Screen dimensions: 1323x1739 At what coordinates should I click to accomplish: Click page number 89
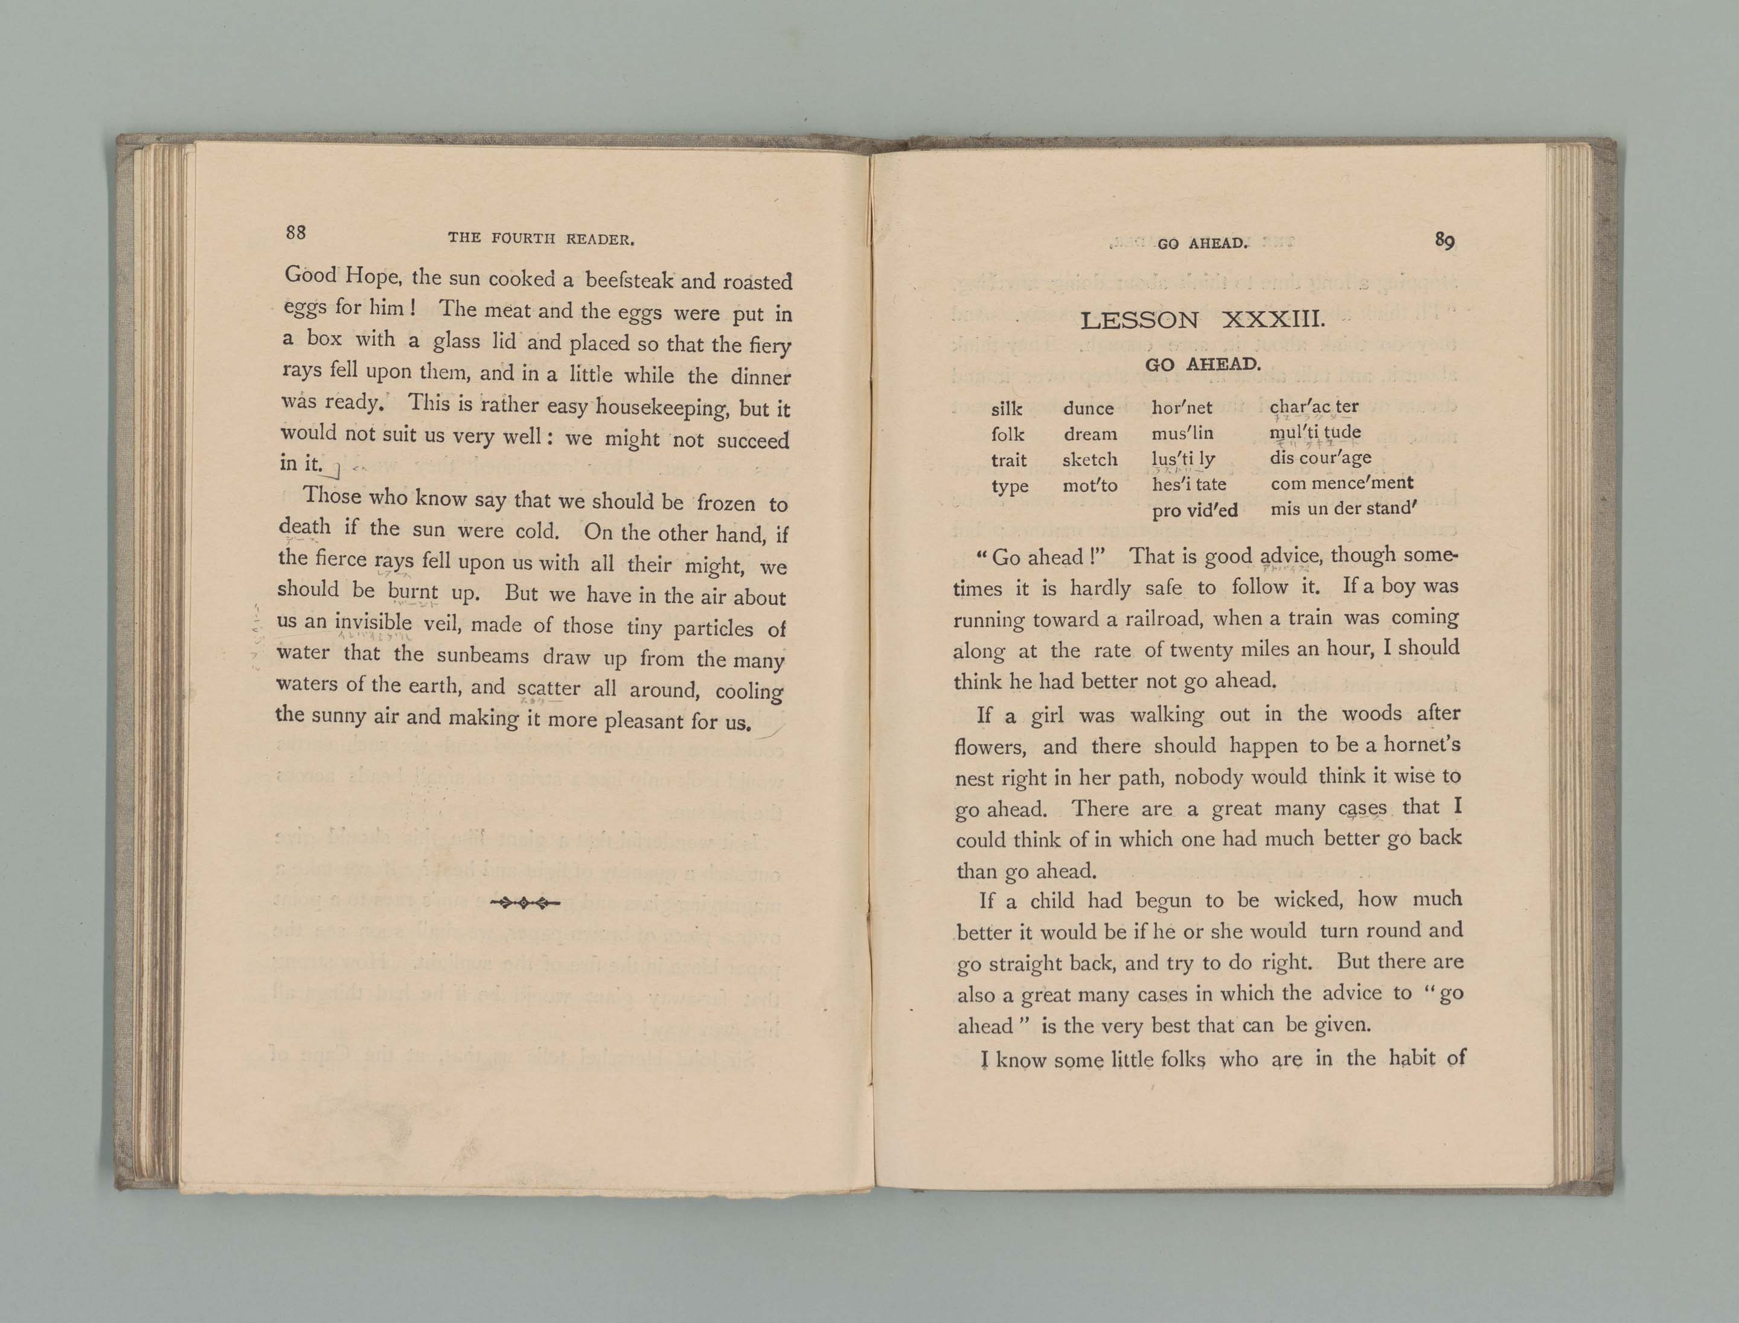click(1444, 240)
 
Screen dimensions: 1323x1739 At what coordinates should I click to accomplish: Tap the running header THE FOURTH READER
click(541, 238)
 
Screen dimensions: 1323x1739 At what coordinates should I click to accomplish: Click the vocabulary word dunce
click(1088, 408)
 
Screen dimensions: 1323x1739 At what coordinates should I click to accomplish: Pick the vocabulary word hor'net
click(1182, 407)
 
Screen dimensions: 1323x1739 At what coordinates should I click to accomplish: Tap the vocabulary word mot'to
click(1090, 485)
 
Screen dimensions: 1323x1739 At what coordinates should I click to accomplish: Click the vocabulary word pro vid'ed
click(1194, 510)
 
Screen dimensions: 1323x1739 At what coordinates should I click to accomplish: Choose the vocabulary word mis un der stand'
click(1343, 508)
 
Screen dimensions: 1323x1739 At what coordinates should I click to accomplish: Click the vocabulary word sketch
click(1090, 459)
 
